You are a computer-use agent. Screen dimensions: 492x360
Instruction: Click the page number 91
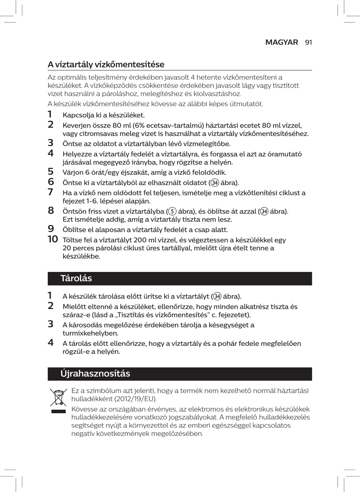[308, 42]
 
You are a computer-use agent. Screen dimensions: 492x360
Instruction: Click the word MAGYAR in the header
[282, 42]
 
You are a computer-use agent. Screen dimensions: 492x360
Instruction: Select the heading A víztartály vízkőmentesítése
[106, 64]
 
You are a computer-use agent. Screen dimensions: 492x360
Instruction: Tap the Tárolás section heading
[76, 278]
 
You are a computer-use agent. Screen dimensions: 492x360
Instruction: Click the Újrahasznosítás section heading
[95, 373]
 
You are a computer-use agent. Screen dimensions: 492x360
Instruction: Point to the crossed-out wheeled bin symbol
[58, 398]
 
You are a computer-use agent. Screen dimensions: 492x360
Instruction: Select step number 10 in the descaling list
[53, 239]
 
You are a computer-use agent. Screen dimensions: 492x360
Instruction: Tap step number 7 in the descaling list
[50, 192]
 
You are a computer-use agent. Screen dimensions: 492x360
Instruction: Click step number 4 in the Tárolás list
[50, 343]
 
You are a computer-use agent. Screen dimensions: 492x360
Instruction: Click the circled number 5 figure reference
[172, 211]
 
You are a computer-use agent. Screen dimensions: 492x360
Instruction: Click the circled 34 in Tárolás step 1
[217, 296]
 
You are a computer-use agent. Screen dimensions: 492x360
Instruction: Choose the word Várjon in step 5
[72, 173]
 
